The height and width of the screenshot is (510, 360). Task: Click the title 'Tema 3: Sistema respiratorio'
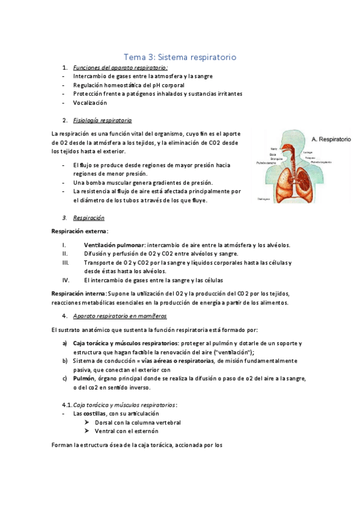coord(180,57)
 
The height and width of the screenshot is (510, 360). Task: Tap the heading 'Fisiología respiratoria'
coord(102,120)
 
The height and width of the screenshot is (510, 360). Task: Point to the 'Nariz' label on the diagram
coord(273,148)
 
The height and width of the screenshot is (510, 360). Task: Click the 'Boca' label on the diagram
coord(273,153)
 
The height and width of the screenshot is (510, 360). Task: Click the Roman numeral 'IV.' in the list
coord(66,280)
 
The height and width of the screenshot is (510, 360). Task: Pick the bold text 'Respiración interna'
coord(78,293)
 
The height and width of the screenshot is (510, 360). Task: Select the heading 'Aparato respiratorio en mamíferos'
coord(120,316)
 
